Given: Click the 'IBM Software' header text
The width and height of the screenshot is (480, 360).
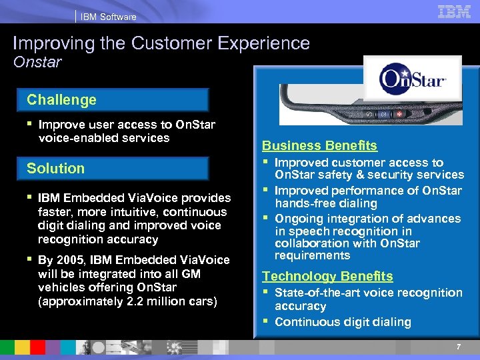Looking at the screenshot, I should (x=108, y=17).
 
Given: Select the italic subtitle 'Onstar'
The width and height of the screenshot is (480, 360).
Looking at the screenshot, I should (x=37, y=63).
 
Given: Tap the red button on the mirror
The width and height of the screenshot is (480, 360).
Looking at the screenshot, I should (x=399, y=115).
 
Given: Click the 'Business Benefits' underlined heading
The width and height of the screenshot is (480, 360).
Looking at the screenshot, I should (x=319, y=145).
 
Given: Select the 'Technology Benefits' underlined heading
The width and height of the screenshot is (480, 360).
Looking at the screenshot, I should (x=327, y=276).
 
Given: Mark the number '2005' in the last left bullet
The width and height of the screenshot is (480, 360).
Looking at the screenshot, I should (x=77, y=260).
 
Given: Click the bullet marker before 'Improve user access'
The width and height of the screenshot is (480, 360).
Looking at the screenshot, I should (x=30, y=125).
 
